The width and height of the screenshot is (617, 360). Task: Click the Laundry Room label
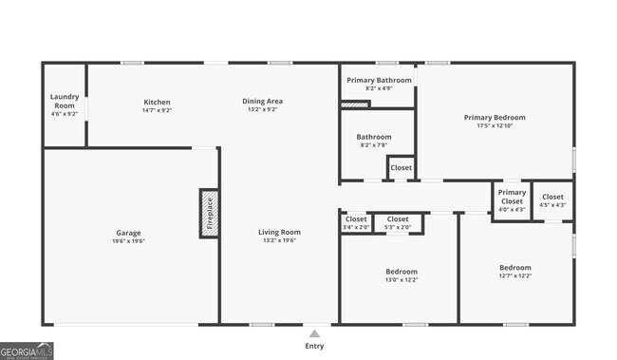point(65,100)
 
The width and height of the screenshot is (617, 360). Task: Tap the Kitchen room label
point(157,102)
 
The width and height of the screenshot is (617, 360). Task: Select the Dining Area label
point(262,102)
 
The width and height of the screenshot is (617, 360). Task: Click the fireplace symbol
point(209,213)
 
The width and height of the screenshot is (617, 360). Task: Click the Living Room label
point(279,232)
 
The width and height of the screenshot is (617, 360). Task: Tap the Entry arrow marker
point(313,333)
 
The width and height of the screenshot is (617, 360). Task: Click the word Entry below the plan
point(313,346)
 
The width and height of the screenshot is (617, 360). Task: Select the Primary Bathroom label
point(379,80)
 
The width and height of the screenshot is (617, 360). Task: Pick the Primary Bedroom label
point(494,118)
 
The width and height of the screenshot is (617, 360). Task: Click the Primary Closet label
point(512,197)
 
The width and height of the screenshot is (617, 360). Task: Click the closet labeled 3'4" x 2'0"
point(355,219)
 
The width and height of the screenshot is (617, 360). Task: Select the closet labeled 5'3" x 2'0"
point(398,219)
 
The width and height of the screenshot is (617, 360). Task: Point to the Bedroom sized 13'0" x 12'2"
point(400,272)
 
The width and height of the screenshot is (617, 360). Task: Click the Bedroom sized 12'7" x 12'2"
point(515,268)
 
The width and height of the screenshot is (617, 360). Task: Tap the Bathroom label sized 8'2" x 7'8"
point(374,137)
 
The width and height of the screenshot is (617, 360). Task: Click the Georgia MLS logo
point(28,350)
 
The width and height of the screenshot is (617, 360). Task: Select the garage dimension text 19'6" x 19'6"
point(128,241)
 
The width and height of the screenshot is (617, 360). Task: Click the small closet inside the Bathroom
point(401,168)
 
